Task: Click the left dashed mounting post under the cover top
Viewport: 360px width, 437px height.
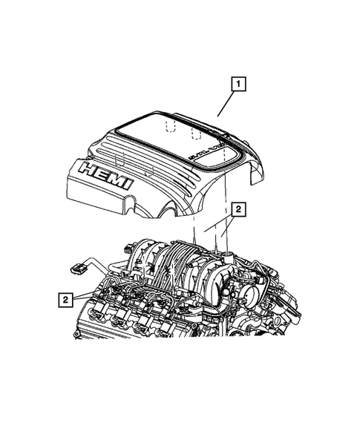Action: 170,128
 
